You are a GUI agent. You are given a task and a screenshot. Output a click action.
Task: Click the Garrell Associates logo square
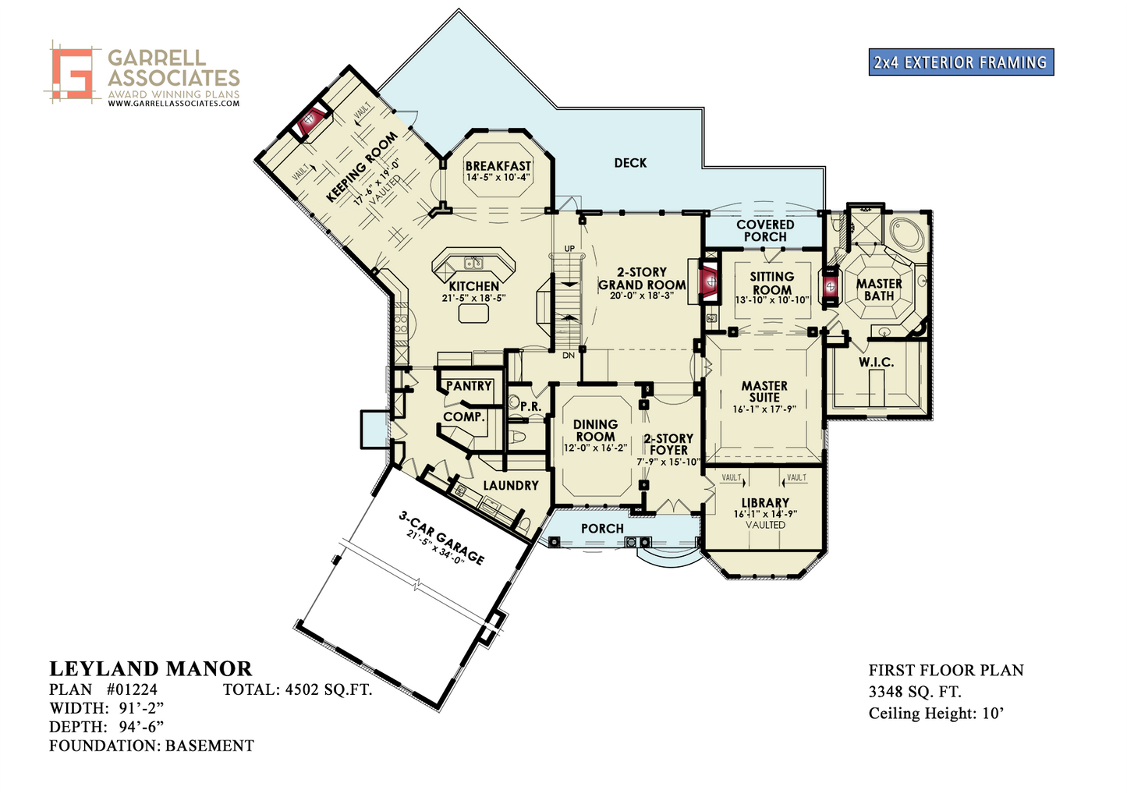pyautogui.click(x=73, y=73)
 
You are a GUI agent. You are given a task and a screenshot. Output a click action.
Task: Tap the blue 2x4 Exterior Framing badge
pyautogui.click(x=961, y=62)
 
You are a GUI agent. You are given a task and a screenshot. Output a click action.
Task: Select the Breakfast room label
pyautogui.click(x=498, y=165)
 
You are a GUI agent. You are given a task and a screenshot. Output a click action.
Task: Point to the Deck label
pyautogui.click(x=630, y=162)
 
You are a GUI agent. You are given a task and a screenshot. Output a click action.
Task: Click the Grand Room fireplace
pyautogui.click(x=709, y=282)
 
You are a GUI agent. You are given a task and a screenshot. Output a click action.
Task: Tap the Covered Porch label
pyautogui.click(x=765, y=231)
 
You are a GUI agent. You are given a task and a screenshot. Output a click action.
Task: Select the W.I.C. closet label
pyautogui.click(x=876, y=362)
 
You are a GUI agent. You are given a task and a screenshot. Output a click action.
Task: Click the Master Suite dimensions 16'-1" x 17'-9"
pyautogui.click(x=764, y=409)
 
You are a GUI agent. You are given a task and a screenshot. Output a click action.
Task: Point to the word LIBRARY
pyautogui.click(x=765, y=503)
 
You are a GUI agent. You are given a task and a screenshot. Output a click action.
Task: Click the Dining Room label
pyautogui.click(x=595, y=430)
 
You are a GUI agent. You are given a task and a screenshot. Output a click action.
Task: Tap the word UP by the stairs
pyautogui.click(x=569, y=249)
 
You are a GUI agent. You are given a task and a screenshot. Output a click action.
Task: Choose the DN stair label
pyautogui.click(x=569, y=356)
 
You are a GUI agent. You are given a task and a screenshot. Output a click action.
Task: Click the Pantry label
pyautogui.click(x=469, y=386)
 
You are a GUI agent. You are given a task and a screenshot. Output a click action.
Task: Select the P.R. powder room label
pyautogui.click(x=531, y=407)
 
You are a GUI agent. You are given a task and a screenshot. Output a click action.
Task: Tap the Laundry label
pyautogui.click(x=511, y=486)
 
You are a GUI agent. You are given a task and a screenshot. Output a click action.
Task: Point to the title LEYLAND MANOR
pyautogui.click(x=151, y=668)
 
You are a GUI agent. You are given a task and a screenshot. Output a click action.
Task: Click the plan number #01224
pyautogui.click(x=132, y=689)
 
